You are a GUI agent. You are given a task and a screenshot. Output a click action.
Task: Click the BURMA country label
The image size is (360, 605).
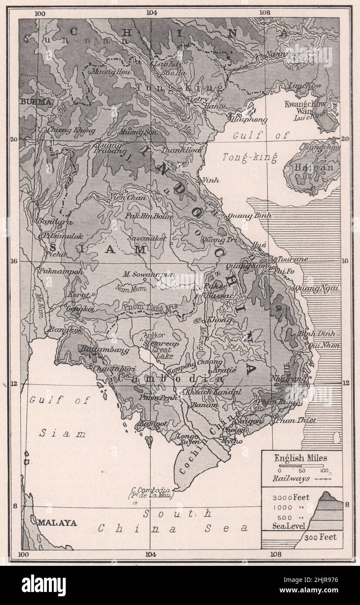tap(36, 101)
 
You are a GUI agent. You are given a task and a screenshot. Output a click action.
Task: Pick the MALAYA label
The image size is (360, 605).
tap(57, 523)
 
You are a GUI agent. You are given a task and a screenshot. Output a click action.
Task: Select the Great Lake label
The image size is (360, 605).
tap(162, 353)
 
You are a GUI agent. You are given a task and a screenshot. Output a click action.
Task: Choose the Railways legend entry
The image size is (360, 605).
tap(291, 478)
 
